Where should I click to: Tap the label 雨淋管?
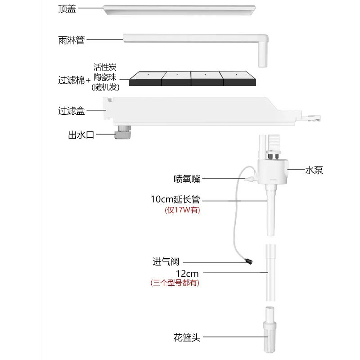click(71, 40)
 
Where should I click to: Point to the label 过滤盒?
click(71, 111)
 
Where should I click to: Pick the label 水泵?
click(314, 170)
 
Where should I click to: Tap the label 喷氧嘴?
click(187, 179)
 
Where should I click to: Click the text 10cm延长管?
click(175, 199)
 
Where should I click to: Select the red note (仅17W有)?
click(182, 210)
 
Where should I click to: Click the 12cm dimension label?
click(187, 273)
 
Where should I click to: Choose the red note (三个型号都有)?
click(175, 283)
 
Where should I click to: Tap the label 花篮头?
click(186, 337)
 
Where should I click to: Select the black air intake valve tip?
click(247, 261)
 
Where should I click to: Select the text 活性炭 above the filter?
click(105, 67)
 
